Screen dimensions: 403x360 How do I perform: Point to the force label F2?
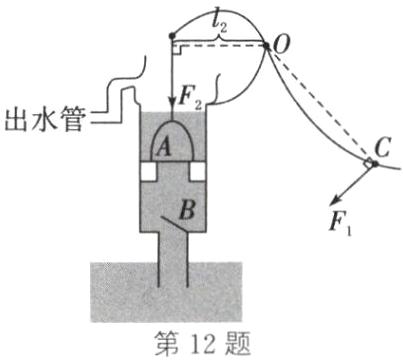point(192,97)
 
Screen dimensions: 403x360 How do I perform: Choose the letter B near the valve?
point(185,211)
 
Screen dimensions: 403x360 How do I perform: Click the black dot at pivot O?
point(265,44)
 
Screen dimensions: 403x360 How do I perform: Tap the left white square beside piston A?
point(147,172)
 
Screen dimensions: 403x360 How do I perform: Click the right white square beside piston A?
point(195,172)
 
